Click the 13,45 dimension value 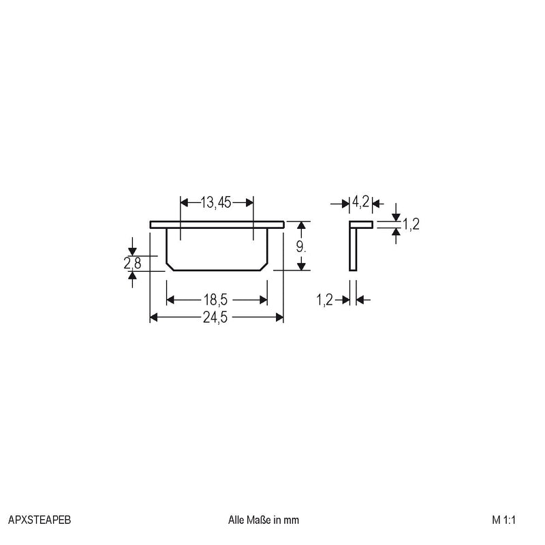coord(215,202)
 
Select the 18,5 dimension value coord(215,300)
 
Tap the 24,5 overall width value coord(215,317)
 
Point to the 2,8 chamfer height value coord(132,263)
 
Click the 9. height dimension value coord(301,247)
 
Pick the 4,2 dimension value coord(361,201)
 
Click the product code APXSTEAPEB coord(40,520)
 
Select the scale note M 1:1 coord(503,520)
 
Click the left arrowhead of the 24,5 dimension coord(154,317)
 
